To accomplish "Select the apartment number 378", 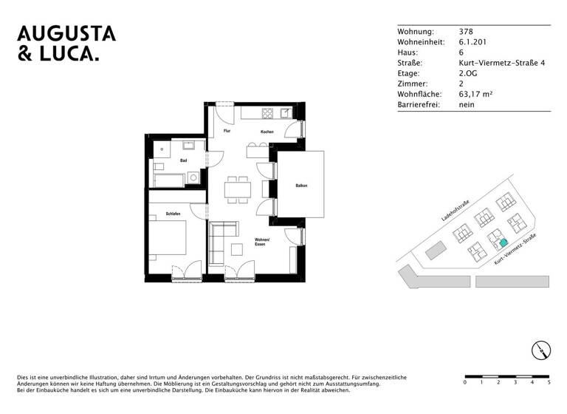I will point(466,32).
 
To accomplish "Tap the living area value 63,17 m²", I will point(476,95).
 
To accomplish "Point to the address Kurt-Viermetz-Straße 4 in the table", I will point(501,64).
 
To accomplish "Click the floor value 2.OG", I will point(469,74).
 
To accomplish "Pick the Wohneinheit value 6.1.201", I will point(472,42).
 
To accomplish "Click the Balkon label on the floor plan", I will point(301,186).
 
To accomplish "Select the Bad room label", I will point(183,160).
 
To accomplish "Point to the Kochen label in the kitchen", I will point(267,132).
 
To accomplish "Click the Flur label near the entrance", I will point(227,131).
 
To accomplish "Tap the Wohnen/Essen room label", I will point(262,242).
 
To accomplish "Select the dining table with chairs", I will point(238,187).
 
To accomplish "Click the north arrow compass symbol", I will point(540,350).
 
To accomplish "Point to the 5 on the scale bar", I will point(549,382).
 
